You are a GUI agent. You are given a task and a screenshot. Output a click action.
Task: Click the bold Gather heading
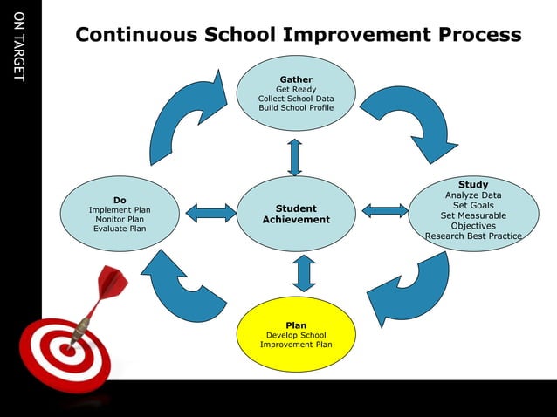295,79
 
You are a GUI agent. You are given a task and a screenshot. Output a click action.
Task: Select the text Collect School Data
295,99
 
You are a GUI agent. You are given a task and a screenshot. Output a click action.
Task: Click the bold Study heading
473,184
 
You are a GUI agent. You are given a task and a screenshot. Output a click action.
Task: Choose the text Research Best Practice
473,236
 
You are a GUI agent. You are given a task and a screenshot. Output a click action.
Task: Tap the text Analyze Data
473,195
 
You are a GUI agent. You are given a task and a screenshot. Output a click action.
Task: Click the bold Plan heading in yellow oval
295,325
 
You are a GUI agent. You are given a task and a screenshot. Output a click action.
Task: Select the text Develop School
295,335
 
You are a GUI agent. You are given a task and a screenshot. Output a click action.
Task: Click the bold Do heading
120,200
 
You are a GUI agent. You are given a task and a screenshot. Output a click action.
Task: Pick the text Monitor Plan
120,219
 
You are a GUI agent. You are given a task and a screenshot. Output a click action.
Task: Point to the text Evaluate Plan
120,229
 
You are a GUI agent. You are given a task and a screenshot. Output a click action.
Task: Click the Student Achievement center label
296,214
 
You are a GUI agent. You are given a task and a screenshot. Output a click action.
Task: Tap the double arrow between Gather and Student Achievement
295,157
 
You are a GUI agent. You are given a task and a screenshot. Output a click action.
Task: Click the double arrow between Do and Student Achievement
210,212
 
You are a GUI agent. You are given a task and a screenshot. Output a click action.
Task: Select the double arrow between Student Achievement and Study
384,210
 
